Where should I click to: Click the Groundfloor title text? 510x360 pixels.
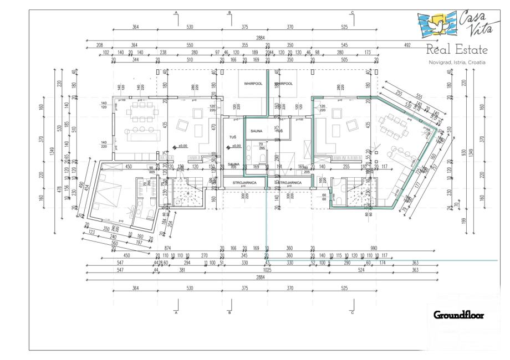[x=458, y=315]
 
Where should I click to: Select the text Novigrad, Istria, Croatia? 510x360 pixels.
[x=457, y=63]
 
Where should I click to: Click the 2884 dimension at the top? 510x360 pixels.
[x=260, y=38]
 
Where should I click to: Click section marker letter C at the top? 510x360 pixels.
[x=353, y=12]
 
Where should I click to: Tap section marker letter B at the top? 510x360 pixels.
[x=229, y=12]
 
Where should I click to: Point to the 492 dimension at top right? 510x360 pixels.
[x=407, y=44]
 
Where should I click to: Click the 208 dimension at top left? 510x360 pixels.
[x=100, y=44]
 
